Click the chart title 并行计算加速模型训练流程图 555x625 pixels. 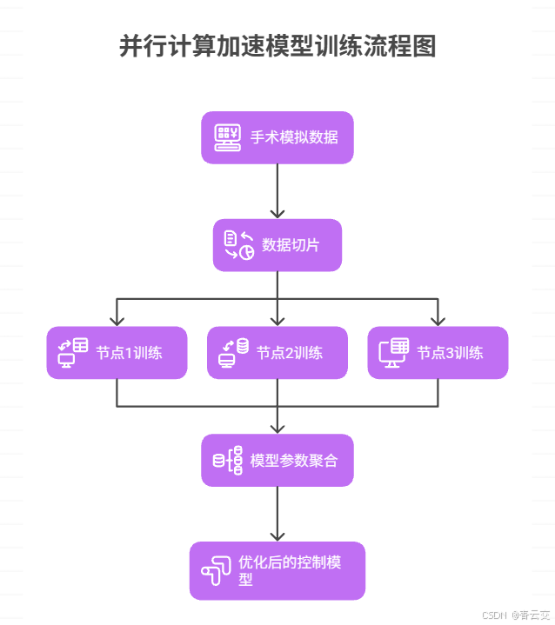pyautogui.click(x=277, y=47)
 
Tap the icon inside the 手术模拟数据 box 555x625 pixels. pyautogui.click(x=229, y=137)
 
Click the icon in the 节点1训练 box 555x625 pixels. pyautogui.click(x=73, y=352)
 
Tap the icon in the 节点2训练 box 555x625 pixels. pyautogui.click(x=233, y=352)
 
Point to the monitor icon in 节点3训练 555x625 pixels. pyautogui.click(x=393, y=352)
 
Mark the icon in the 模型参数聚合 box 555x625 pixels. pyautogui.click(x=228, y=461)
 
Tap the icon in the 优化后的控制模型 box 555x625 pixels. pyautogui.click(x=216, y=570)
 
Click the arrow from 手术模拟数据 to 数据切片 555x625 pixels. pyautogui.click(x=277, y=191)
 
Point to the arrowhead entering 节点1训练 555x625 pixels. pyautogui.click(x=117, y=319)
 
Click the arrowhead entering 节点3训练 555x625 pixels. pyautogui.click(x=438, y=319)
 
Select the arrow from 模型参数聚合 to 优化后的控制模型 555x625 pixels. pyautogui.click(x=277, y=515)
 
